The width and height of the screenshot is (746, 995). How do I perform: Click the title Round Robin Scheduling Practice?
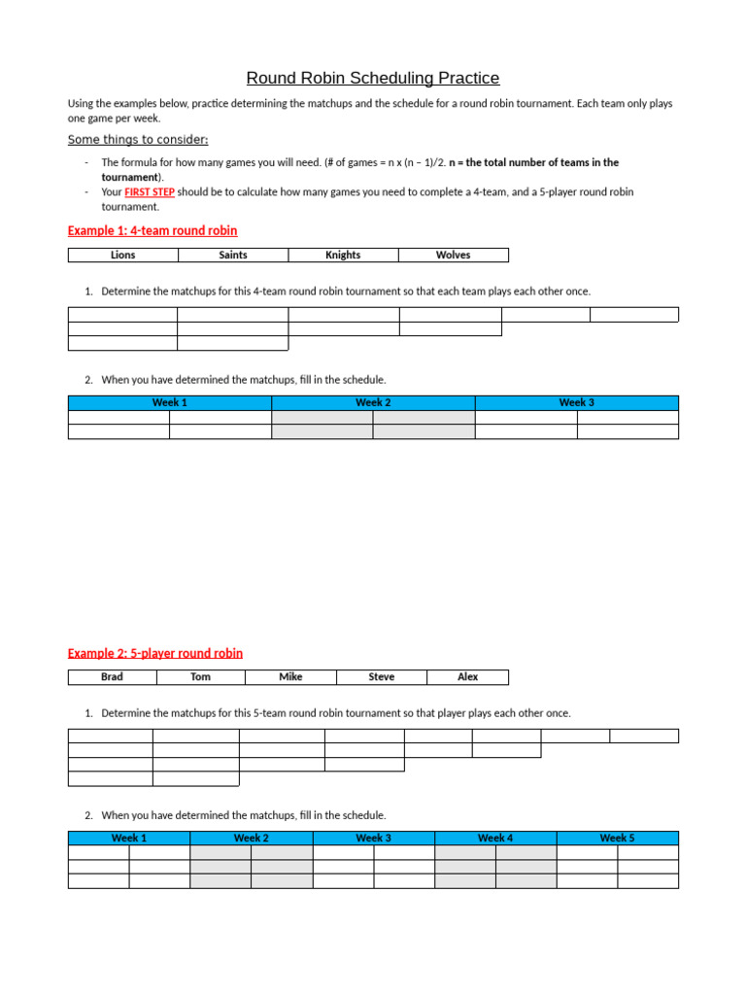(373, 78)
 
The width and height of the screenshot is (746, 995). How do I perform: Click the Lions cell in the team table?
(123, 256)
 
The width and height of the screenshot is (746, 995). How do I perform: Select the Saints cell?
(233, 256)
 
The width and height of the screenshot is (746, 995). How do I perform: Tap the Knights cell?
(343, 256)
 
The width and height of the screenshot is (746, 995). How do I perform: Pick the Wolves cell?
(453, 256)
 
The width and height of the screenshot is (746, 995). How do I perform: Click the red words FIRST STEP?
(149, 192)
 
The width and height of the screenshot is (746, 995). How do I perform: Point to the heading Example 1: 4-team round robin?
(153, 231)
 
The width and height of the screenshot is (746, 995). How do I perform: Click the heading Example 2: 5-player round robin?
(155, 654)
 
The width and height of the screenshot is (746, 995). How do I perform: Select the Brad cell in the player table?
(112, 677)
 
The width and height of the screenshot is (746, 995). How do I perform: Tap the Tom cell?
(200, 677)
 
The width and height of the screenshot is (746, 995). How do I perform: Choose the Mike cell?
(290, 677)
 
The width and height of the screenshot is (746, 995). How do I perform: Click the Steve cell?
(382, 677)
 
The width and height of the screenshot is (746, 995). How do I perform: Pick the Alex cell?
(468, 677)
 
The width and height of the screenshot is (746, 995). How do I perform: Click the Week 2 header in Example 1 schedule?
(373, 403)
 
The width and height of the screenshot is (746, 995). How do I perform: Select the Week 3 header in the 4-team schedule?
(576, 403)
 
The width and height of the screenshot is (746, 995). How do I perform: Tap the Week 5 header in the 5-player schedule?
(617, 839)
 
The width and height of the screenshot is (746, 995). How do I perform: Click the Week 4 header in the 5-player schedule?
(495, 839)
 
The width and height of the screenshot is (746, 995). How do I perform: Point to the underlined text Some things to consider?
(138, 140)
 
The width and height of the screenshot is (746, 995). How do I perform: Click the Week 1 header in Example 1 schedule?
(170, 403)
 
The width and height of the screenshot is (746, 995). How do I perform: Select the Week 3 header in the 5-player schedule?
(373, 839)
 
